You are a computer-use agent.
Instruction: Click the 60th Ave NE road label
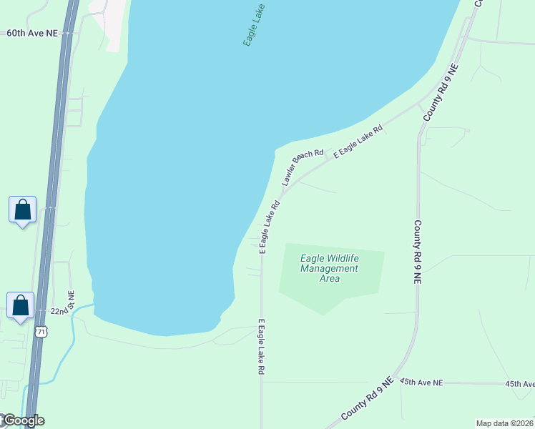coord(31,33)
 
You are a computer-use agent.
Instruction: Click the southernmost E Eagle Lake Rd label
coord(262,347)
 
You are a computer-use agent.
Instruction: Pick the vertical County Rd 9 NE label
coord(417,252)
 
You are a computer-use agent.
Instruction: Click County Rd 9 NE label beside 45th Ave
coord(367,399)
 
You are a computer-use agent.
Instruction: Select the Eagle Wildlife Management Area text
coord(329,268)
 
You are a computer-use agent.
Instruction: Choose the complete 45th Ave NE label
coord(422,383)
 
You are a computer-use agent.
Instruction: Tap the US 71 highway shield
coord(41,331)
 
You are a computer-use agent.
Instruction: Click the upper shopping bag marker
coord(23,210)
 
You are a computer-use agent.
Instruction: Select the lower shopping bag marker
coord(21,305)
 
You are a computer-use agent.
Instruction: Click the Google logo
coord(23,420)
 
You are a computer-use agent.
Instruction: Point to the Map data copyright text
coord(504,423)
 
